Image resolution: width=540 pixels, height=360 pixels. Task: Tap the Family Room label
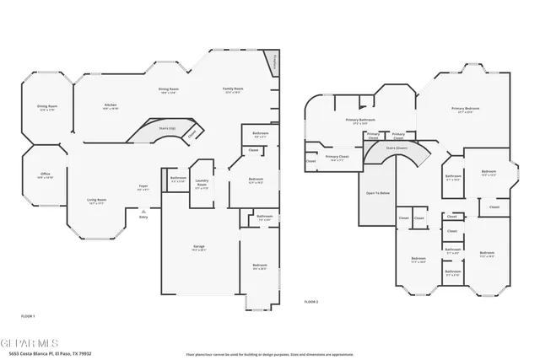pyautogui.click(x=233, y=89)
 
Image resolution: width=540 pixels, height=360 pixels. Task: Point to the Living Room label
pyautogui.click(x=96, y=200)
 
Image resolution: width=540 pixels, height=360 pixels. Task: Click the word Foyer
pyautogui.click(x=143, y=185)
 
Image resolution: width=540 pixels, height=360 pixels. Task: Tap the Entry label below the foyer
pyautogui.click(x=143, y=217)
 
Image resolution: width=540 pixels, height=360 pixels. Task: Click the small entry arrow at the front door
pyautogui.click(x=143, y=210)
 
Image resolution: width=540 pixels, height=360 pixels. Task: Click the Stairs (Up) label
pyautogui.click(x=168, y=128)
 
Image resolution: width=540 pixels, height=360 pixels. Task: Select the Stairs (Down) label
pyautogui.click(x=397, y=147)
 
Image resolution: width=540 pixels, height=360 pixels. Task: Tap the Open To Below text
pyautogui.click(x=377, y=193)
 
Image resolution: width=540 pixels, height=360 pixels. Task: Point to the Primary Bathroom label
pyautogui.click(x=360, y=120)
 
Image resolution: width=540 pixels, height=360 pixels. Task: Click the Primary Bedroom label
pyautogui.click(x=465, y=109)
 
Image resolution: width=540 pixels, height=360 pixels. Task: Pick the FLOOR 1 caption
pyautogui.click(x=28, y=315)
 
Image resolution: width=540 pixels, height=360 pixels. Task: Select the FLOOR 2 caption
pyautogui.click(x=311, y=301)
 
